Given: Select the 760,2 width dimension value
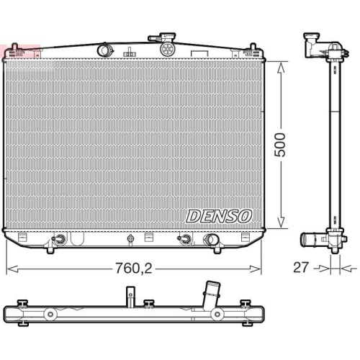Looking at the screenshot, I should (x=135, y=269).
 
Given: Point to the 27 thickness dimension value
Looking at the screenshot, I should (x=302, y=268).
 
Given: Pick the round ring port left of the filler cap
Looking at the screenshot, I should (x=104, y=49).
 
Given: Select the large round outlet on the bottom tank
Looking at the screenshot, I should (x=212, y=240).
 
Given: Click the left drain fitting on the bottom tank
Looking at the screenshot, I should (x=60, y=240).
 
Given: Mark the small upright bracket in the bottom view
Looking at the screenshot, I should (x=130, y=295).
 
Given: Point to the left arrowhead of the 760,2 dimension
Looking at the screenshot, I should (x=9, y=269).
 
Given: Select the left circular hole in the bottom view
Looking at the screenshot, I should (x=50, y=315).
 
